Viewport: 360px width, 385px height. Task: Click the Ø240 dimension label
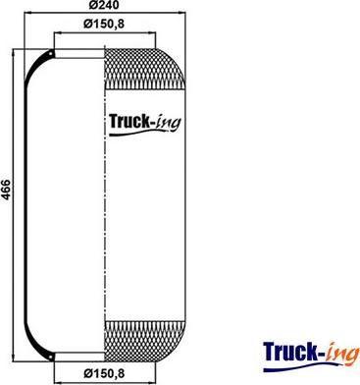tap(104, 4)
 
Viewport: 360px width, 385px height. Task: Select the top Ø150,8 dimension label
tap(104, 24)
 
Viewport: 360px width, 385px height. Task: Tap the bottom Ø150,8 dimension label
tap(104, 373)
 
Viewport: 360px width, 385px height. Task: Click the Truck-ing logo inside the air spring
tap(144, 124)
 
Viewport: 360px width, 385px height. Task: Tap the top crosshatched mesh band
tap(145, 69)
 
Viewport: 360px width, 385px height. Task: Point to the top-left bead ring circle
tap(51, 53)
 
